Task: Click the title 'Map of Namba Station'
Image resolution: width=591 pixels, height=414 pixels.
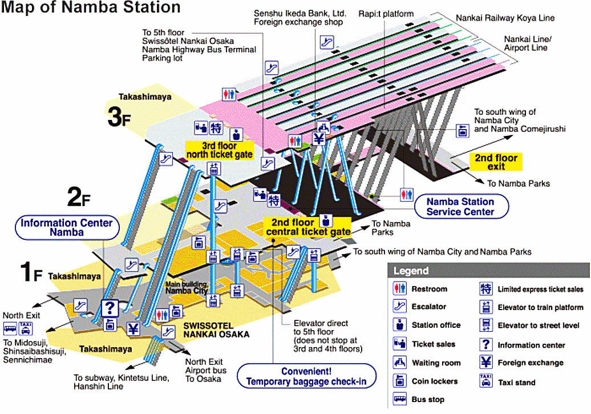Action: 92,8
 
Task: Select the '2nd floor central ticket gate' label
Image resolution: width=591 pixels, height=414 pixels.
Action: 302,227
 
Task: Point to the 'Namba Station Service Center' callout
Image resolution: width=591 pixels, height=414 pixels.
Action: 460,206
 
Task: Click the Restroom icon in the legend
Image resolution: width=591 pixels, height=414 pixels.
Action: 399,288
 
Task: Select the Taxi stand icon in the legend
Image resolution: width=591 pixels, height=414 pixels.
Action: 485,381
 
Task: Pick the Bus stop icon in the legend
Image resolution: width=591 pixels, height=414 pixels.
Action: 399,399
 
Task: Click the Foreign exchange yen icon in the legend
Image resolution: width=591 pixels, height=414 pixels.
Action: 485,362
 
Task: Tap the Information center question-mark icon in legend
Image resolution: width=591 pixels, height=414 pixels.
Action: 485,344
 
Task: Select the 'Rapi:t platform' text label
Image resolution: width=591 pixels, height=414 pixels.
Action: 386,14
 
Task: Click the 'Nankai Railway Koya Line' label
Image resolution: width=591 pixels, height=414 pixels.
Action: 505,18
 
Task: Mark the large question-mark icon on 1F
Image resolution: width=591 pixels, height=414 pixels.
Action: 109,308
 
